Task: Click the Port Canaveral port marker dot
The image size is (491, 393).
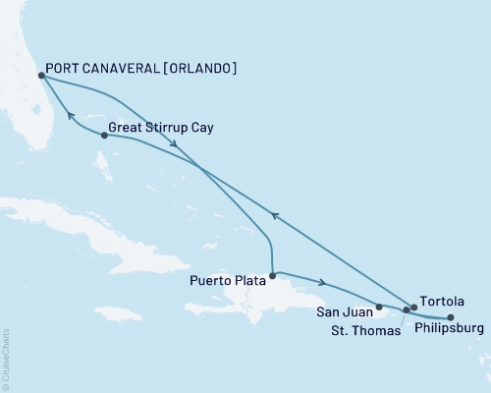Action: pyautogui.click(x=40, y=75)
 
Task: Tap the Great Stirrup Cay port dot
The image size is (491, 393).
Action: pyautogui.click(x=104, y=136)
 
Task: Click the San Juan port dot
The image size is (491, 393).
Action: pyautogui.click(x=379, y=307)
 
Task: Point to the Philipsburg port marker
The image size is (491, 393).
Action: pyautogui.click(x=450, y=317)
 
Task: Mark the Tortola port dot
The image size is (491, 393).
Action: pyautogui.click(x=413, y=308)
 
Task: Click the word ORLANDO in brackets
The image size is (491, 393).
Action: pyautogui.click(x=201, y=70)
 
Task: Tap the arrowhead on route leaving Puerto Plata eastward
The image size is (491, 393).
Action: pyautogui.click(x=322, y=283)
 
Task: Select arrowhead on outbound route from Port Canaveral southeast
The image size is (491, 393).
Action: pyautogui.click(x=174, y=145)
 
